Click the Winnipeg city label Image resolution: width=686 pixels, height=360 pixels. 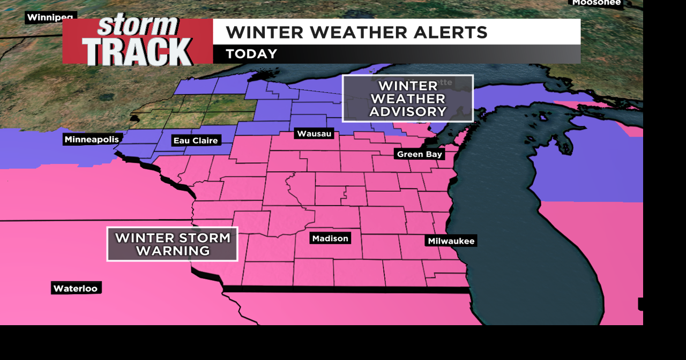click(50, 17)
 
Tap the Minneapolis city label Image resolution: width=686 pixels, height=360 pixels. click(92, 139)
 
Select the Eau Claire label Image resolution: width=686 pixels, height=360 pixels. click(196, 140)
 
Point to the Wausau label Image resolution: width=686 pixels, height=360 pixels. click(314, 133)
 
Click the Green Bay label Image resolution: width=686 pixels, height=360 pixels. click(420, 154)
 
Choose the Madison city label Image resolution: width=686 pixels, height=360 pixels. click(330, 238)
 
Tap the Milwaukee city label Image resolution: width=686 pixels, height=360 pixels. click(451, 241)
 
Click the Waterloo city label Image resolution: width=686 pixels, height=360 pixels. click(76, 288)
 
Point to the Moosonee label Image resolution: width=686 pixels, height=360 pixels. click(596, 3)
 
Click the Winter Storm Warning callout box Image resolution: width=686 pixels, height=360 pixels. click(172, 244)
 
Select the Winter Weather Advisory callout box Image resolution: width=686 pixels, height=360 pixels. click(408, 99)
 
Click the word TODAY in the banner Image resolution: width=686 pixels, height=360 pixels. click(251, 54)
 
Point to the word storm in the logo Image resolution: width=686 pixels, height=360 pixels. click(137, 25)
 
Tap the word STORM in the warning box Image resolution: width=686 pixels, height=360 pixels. click(203, 238)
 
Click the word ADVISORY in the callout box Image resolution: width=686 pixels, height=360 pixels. click(408, 111)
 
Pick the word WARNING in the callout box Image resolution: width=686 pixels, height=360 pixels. click(173, 251)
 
